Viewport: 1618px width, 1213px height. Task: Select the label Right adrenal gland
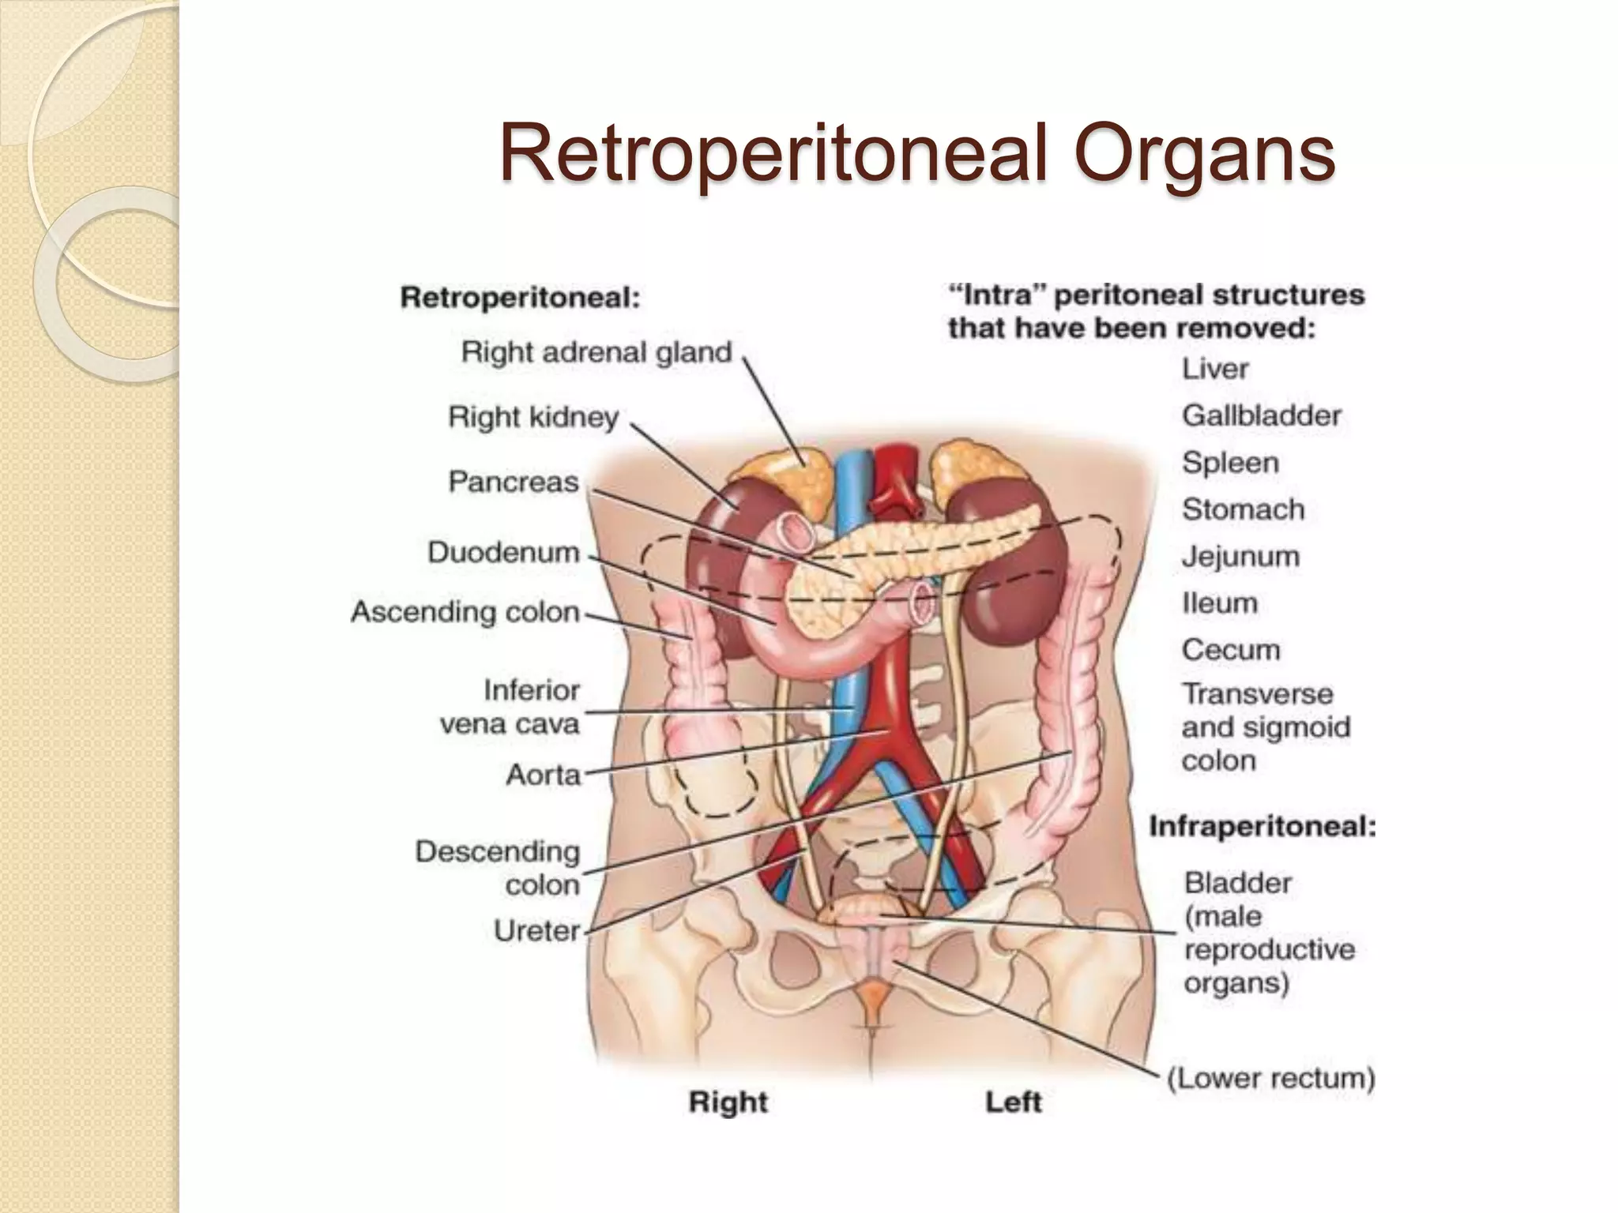click(596, 352)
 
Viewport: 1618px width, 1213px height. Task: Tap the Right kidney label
click(533, 417)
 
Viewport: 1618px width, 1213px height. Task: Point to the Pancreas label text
click(514, 482)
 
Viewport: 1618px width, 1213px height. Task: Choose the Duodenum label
click(503, 552)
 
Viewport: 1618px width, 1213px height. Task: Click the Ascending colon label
click(465, 612)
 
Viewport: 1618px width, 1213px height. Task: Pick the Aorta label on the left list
click(544, 775)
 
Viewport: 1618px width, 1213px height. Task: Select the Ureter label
click(537, 931)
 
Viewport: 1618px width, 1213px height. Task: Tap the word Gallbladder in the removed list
click(1262, 415)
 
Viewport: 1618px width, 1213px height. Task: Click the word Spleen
click(1230, 463)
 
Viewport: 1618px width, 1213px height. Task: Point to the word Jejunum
click(1240, 557)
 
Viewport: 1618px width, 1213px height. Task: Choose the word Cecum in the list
click(1231, 650)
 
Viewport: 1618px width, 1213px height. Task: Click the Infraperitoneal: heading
click(1262, 827)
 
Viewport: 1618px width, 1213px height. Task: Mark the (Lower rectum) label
click(1271, 1079)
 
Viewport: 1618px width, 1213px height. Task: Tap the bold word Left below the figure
click(1014, 1102)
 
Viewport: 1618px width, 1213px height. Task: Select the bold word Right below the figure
click(728, 1102)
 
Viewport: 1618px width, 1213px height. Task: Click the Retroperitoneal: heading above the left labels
click(520, 299)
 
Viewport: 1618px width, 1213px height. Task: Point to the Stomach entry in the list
click(1243, 510)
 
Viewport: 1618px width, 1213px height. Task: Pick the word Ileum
click(1220, 603)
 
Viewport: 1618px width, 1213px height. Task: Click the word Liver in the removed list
click(1215, 369)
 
